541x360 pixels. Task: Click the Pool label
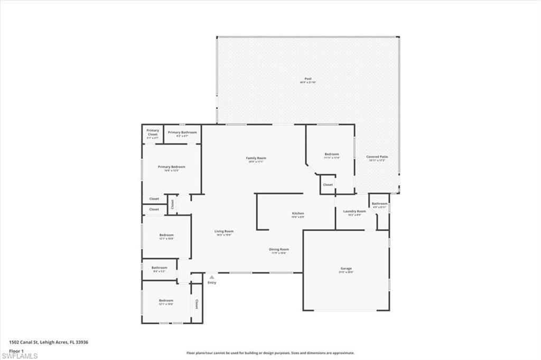click(308, 79)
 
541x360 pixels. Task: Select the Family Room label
click(256, 158)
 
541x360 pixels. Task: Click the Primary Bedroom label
click(172, 167)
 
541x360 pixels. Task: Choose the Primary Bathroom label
click(182, 132)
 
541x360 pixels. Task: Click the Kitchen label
click(298, 214)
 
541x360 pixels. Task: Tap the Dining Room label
click(280, 250)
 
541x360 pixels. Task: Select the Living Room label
click(224, 232)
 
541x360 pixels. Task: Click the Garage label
click(346, 270)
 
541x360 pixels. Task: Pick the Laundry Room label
click(355, 212)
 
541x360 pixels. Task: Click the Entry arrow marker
click(211, 277)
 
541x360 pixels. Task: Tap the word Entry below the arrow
click(211, 282)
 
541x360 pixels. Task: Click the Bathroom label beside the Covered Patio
click(379, 204)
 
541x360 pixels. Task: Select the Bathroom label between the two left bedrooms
click(159, 268)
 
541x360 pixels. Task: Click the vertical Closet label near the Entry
click(197, 304)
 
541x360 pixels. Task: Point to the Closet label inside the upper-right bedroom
click(328, 185)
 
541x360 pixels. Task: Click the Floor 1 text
click(15, 350)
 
